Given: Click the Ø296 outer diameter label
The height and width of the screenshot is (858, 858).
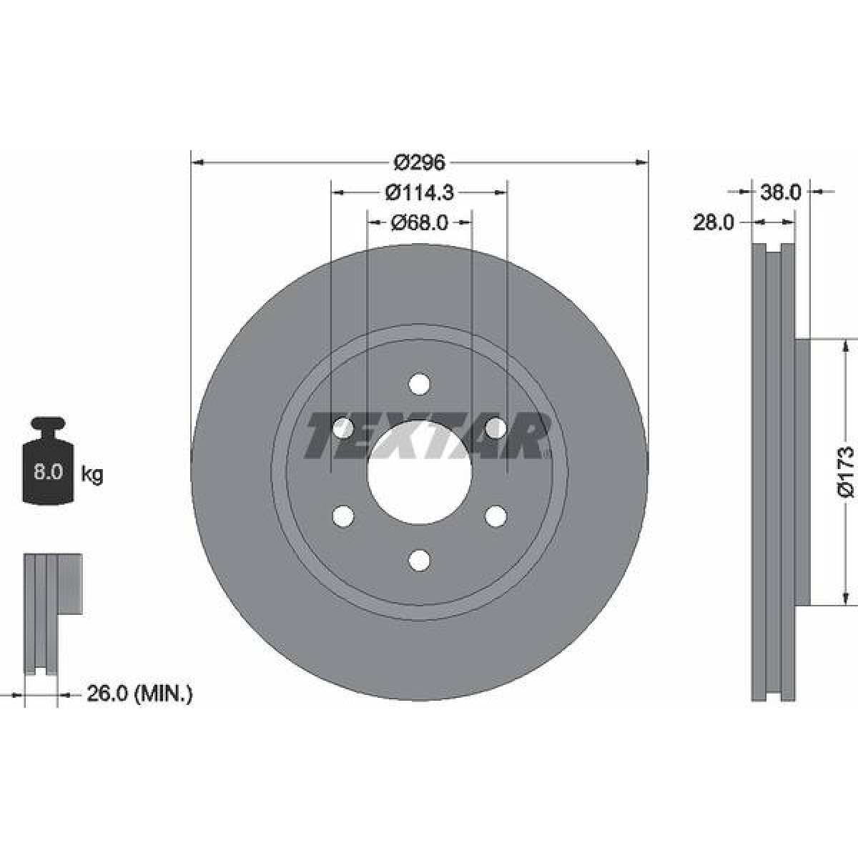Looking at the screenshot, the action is click(x=419, y=163).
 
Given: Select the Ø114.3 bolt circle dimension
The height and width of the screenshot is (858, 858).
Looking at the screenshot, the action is click(x=419, y=193).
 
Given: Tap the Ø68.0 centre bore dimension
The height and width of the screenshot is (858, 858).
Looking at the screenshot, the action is click(x=419, y=222).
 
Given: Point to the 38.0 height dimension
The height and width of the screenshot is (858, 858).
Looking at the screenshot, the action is click(x=781, y=192).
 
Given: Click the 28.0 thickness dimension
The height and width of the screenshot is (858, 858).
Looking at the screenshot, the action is click(x=713, y=222).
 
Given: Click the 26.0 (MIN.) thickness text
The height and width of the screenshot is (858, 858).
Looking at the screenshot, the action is click(x=139, y=706).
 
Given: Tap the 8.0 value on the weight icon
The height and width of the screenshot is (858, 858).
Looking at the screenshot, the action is click(x=48, y=471).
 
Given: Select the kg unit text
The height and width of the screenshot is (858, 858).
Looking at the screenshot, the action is click(x=92, y=474).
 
